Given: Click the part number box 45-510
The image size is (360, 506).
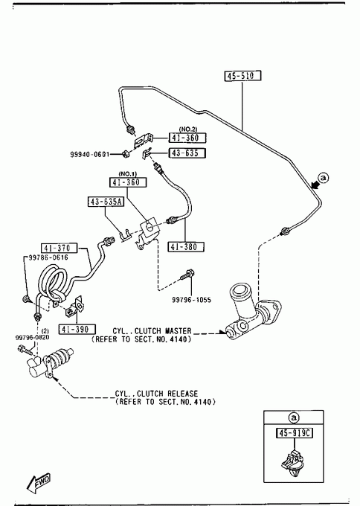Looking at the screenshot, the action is pos(242,76).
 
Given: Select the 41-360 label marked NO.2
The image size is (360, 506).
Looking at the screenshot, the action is pos(187,138).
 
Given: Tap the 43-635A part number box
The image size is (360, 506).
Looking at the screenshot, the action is pos(106,202).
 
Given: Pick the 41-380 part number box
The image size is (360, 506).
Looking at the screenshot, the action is pos(186,247).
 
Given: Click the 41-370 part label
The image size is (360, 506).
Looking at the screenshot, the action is pos(60,248).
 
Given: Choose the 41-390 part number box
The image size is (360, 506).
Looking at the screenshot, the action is pos(77,329).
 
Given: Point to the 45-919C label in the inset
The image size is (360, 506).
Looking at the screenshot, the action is pos(295,433).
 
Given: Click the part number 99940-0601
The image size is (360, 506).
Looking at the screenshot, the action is pos(90,155).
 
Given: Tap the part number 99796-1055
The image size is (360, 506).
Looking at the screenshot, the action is pos(191,300).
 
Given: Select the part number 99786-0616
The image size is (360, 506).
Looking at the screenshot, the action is pos(48,257).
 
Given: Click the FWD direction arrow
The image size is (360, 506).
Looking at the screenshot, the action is pos(39,483).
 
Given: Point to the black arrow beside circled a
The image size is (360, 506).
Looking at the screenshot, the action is pos(315,185).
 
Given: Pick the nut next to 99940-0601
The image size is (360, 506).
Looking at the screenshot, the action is pos(126,155).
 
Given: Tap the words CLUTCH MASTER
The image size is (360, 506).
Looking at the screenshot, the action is pos(163,331).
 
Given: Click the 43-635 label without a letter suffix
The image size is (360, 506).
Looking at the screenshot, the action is pos(187,153).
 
